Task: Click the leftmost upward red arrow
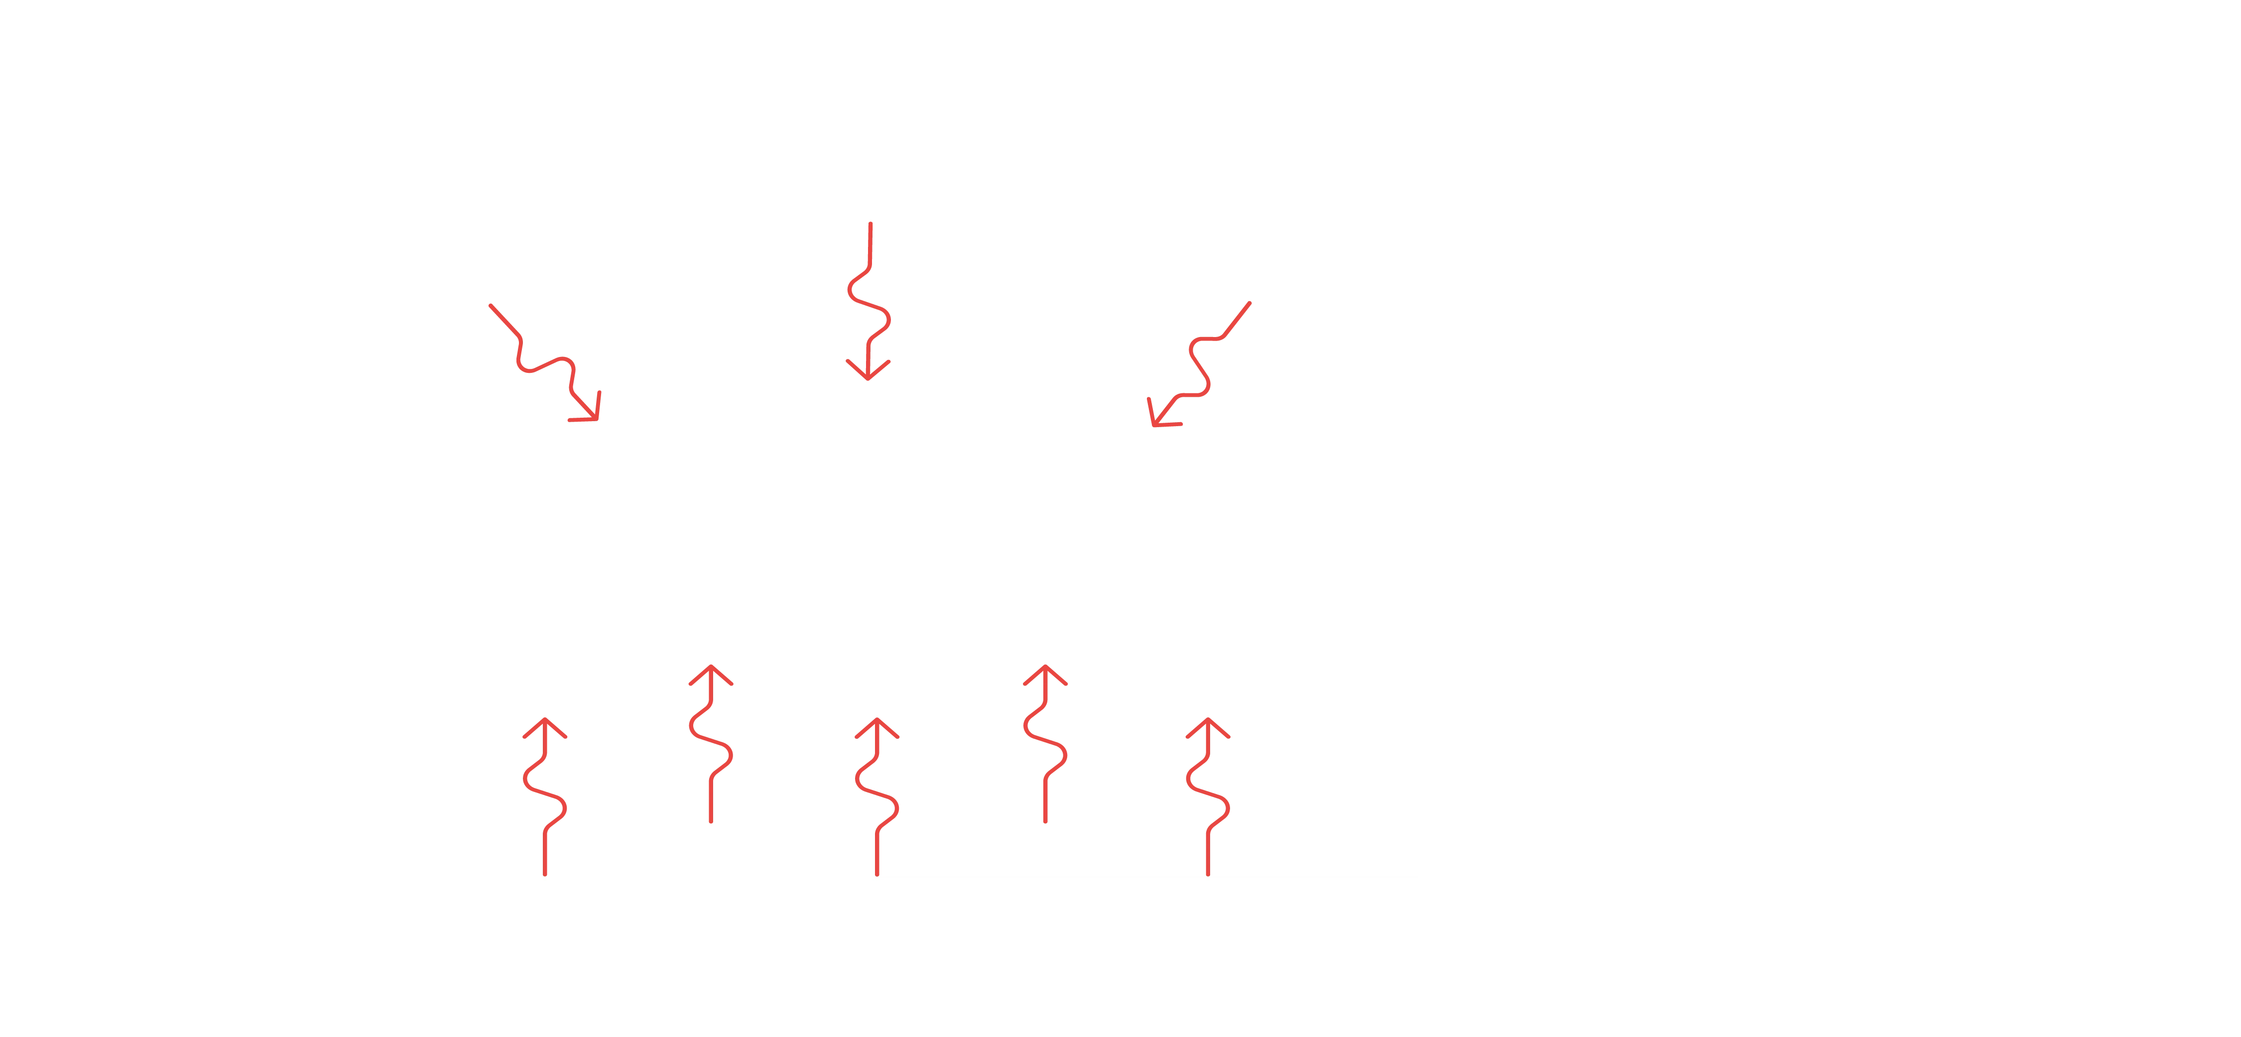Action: pos(545,796)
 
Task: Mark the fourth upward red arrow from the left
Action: pos(1044,744)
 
